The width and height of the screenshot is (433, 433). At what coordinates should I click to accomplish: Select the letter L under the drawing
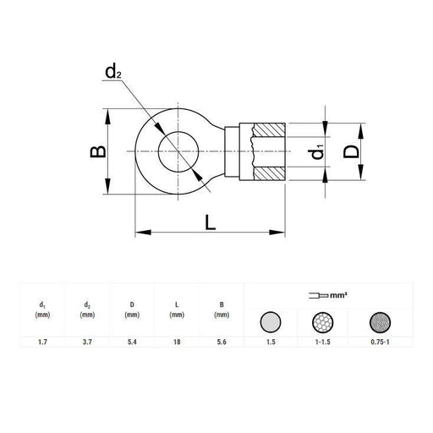pos(210,222)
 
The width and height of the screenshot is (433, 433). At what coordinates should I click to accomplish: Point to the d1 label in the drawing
pos(318,154)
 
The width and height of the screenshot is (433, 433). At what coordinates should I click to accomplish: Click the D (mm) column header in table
pos(131,310)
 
